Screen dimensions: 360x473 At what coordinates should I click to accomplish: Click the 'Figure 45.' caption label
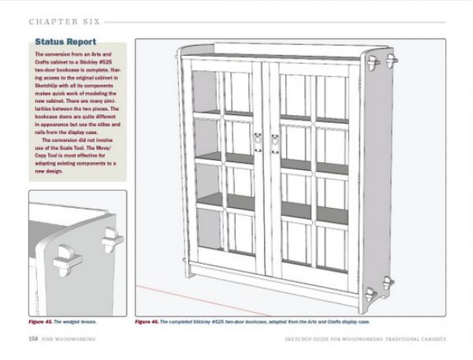coord(42,322)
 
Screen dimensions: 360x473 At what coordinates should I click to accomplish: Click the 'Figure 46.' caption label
coord(151,322)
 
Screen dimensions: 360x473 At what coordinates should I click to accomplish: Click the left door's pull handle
coord(258,142)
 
